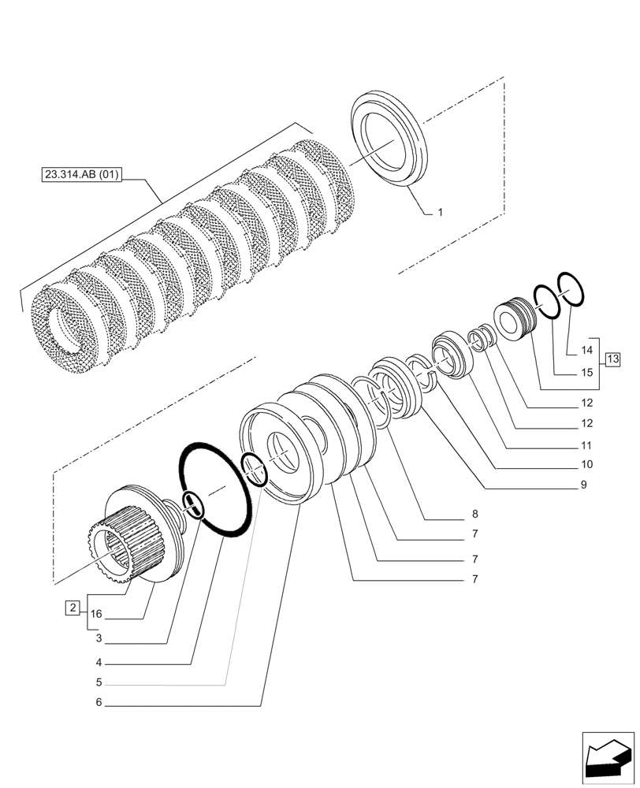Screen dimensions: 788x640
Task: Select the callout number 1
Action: [x=441, y=212]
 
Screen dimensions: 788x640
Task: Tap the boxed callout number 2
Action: [x=73, y=608]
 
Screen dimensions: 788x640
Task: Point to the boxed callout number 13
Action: [x=612, y=360]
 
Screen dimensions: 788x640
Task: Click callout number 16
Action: [x=97, y=614]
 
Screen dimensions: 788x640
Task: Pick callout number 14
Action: [x=586, y=348]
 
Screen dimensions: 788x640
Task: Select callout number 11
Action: [x=586, y=444]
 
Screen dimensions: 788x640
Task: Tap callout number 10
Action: [x=586, y=464]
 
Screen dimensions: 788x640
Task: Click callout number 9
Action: [x=583, y=485]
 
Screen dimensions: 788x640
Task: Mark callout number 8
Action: [x=475, y=514]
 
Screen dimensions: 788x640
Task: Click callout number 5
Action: [x=99, y=682]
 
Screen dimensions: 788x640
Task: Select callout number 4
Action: [x=99, y=662]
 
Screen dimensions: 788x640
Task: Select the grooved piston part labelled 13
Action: [x=513, y=318]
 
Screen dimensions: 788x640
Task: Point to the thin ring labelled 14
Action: [x=571, y=289]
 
